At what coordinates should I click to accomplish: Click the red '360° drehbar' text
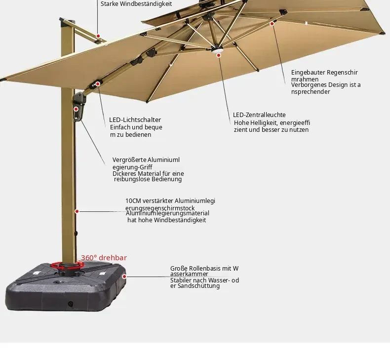(x=104, y=258)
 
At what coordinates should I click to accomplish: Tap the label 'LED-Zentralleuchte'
(x=259, y=115)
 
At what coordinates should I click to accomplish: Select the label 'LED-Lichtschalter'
(x=135, y=120)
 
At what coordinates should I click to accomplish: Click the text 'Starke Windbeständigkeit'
(x=136, y=4)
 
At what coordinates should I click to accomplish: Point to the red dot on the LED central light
(x=219, y=55)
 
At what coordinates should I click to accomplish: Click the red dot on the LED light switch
(x=98, y=84)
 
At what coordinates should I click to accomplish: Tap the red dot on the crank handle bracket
(x=76, y=109)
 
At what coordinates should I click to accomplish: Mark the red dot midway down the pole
(x=77, y=211)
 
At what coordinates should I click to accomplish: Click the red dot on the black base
(x=124, y=277)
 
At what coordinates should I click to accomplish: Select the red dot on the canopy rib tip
(x=272, y=24)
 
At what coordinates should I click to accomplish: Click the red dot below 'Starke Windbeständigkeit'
(x=98, y=36)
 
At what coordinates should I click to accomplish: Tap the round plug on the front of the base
(x=71, y=304)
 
